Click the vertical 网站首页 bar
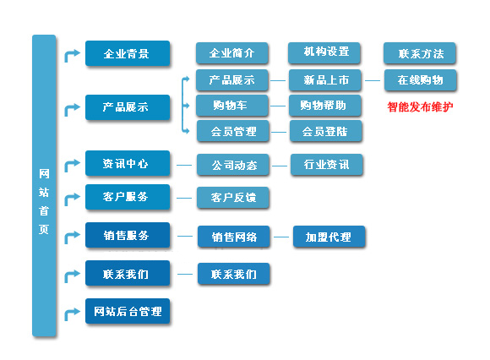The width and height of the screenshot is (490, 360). pyautogui.click(x=44, y=186)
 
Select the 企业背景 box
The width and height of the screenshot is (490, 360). pyautogui.click(x=128, y=53)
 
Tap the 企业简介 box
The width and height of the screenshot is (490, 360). pyautogui.click(x=231, y=53)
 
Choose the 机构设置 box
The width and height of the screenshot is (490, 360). pyautogui.click(x=324, y=52)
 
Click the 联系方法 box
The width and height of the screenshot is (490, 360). pyautogui.click(x=420, y=53)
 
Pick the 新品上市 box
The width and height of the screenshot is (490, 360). pyautogui.click(x=325, y=80)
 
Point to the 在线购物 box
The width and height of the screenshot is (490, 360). pyautogui.click(x=421, y=80)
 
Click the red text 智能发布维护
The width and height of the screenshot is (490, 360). pyautogui.click(x=420, y=106)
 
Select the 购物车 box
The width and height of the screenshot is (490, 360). pyautogui.click(x=232, y=106)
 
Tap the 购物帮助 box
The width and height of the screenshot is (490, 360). pyautogui.click(x=325, y=106)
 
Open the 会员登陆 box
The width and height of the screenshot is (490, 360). pyautogui.click(x=326, y=131)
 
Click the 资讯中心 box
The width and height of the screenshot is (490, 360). pyautogui.click(x=128, y=163)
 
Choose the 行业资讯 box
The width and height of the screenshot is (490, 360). pyautogui.click(x=327, y=165)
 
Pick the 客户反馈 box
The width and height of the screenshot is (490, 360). pyautogui.click(x=233, y=198)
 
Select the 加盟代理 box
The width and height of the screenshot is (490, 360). pyautogui.click(x=329, y=237)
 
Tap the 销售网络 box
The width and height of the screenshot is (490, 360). pyautogui.click(x=234, y=237)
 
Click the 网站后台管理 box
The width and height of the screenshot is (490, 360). pyautogui.click(x=128, y=311)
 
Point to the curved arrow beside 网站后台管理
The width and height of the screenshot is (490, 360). pyautogui.click(x=70, y=314)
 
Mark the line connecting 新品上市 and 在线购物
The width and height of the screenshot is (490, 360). pyautogui.click(x=373, y=80)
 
